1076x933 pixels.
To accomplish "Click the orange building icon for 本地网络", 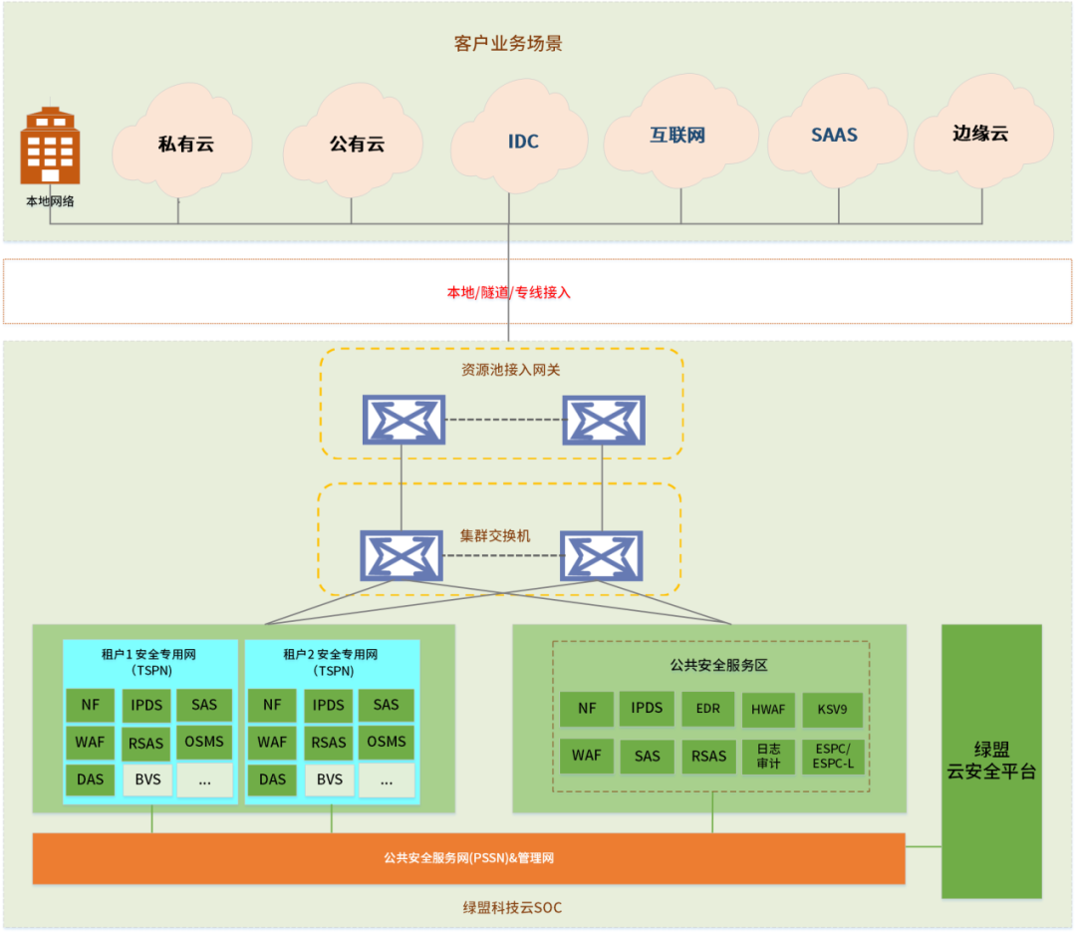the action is tap(50, 146).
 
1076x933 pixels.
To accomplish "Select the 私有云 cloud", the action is tap(182, 141).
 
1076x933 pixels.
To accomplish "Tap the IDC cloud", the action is tap(519, 137).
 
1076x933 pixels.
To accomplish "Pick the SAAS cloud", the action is tap(837, 132).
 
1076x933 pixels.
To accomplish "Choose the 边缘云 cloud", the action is tap(983, 132).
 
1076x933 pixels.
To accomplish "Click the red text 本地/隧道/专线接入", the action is tap(508, 292).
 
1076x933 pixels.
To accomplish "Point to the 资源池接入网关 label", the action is tap(510, 370).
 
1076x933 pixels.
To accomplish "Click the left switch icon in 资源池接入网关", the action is tap(404, 420).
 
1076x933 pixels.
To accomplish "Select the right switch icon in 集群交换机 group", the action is tap(601, 555).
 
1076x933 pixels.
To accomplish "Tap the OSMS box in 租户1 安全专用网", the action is tap(204, 743).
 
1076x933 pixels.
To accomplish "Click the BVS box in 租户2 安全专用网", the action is tap(330, 779).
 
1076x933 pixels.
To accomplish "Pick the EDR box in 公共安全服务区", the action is tap(708, 709).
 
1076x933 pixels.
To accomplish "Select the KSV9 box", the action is tap(832, 709).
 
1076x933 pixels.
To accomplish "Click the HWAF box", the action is tap(768, 709).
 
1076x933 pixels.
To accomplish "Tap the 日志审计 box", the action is tap(768, 756).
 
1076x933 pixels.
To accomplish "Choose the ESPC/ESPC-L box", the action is tap(833, 756).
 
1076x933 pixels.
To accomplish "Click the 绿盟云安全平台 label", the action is tap(991, 761).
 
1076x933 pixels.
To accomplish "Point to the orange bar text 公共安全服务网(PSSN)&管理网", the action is tap(468, 858).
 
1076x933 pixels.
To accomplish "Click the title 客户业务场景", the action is tap(508, 43).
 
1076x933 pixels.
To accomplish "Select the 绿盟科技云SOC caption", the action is tap(513, 908).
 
